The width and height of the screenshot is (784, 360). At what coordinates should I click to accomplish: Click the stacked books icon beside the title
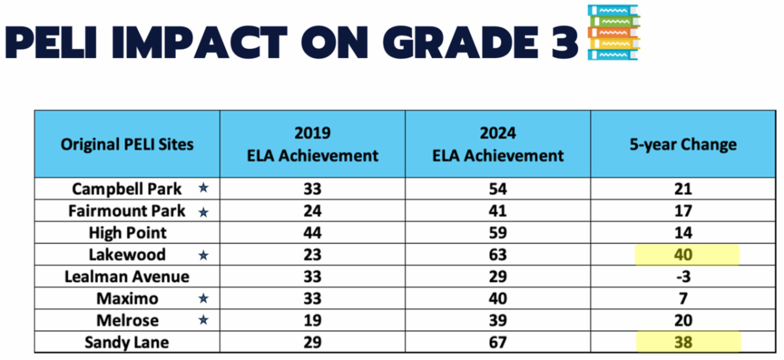(x=613, y=33)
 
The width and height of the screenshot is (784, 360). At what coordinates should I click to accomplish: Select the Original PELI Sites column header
(x=127, y=144)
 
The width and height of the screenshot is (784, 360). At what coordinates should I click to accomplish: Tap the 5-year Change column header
(x=683, y=144)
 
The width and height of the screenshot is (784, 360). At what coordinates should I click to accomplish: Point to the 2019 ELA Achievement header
(x=312, y=144)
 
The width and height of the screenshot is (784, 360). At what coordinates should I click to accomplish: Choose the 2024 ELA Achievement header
(x=498, y=144)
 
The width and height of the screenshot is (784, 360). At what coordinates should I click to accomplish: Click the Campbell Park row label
(x=127, y=189)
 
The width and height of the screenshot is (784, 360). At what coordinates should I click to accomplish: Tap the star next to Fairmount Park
(x=203, y=211)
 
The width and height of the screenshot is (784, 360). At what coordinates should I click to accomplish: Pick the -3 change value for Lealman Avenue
(x=683, y=276)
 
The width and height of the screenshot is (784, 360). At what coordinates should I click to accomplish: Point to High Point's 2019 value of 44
(x=312, y=233)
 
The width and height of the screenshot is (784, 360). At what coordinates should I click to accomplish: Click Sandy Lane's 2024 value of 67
(x=498, y=342)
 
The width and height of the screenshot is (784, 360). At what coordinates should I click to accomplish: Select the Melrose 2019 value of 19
(x=312, y=320)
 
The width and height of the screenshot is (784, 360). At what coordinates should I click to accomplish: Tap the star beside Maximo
(x=203, y=299)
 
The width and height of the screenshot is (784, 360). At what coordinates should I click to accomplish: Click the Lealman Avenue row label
(x=127, y=276)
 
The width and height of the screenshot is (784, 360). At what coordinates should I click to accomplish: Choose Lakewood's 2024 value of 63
(x=498, y=255)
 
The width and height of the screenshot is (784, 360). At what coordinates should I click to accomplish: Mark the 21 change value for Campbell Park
(x=683, y=189)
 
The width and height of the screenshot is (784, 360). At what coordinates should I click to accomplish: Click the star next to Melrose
(x=203, y=320)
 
